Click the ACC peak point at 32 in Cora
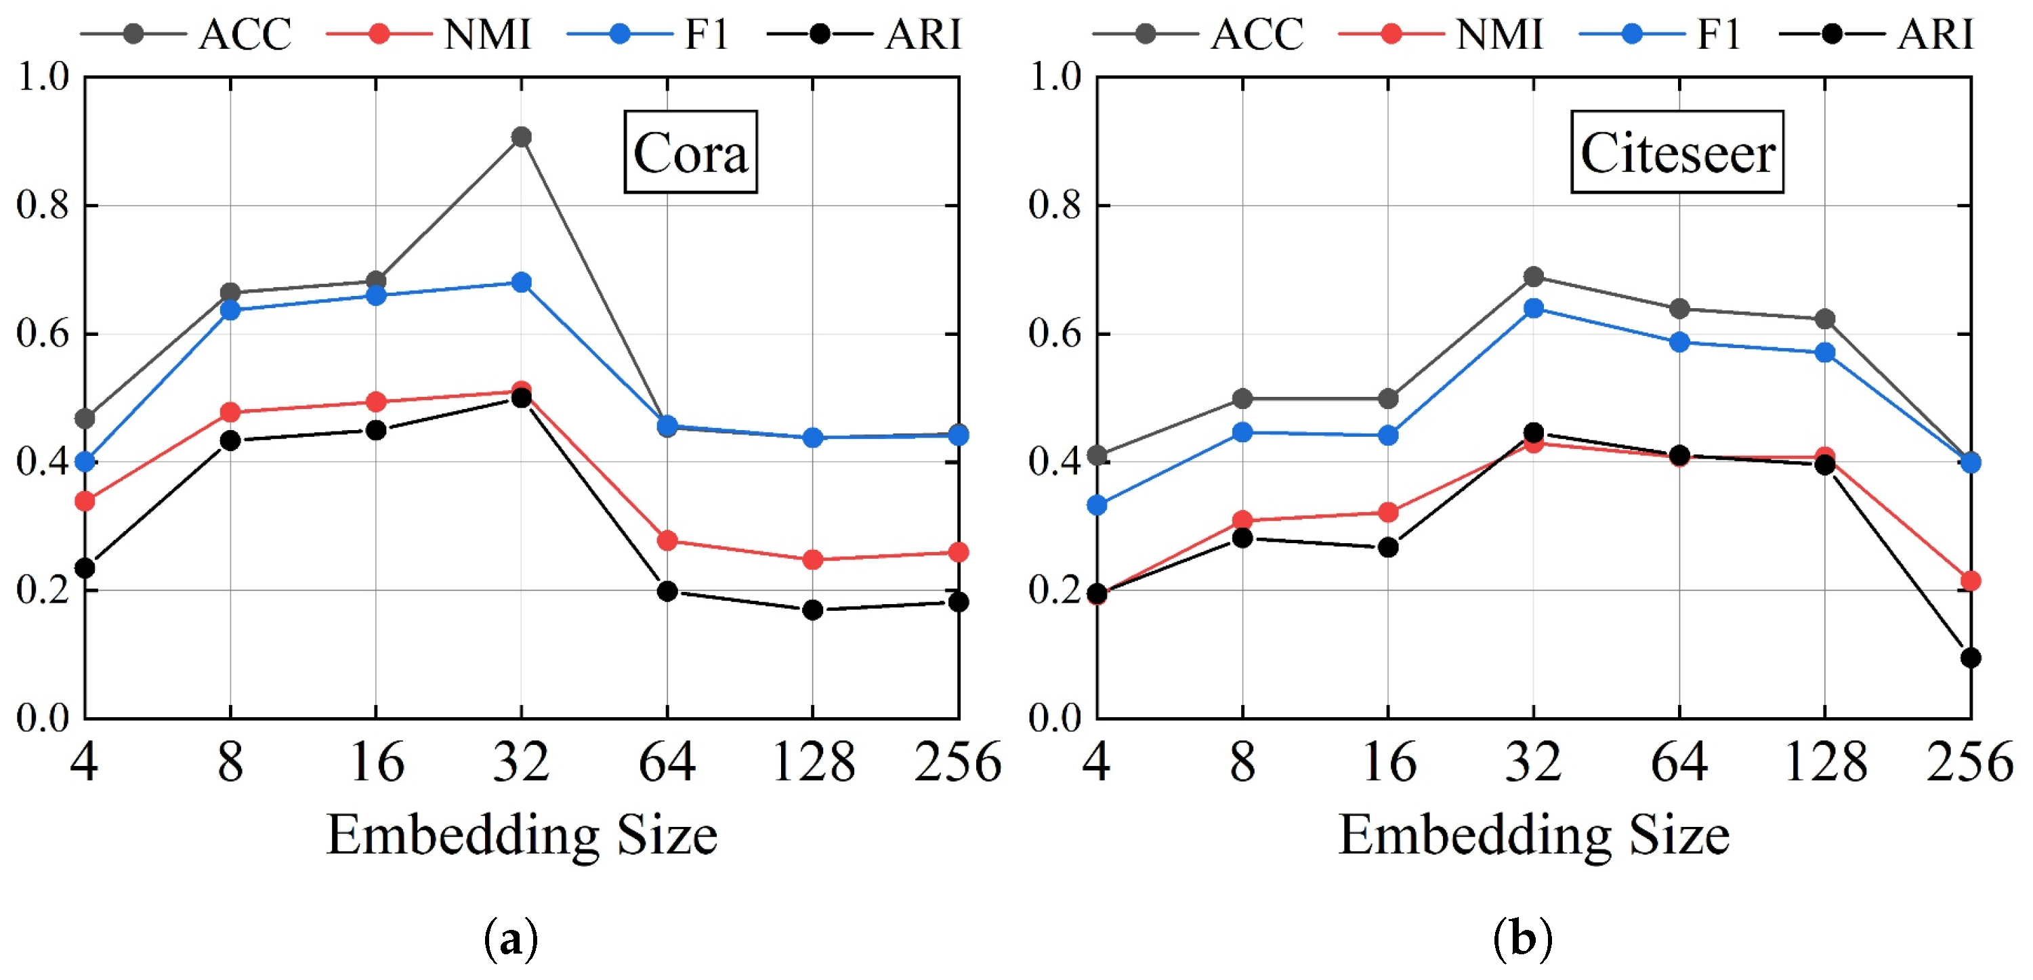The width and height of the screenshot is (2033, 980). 521,137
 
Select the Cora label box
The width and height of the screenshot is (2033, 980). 690,152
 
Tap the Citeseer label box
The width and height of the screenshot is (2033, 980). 1677,152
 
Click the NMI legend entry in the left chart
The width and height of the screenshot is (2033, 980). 430,34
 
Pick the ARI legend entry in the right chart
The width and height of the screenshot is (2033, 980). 1879,34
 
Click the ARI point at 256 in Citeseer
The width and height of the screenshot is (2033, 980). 1970,657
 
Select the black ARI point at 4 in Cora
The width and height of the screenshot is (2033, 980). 85,568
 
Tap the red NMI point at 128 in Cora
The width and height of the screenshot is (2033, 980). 813,560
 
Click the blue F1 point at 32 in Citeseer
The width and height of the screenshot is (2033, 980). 1534,309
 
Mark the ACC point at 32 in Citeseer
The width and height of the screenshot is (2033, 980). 1534,277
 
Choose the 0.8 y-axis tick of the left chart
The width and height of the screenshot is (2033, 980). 43,205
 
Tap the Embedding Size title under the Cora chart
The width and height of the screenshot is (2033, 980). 522,835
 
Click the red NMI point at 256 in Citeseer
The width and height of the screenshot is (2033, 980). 1970,580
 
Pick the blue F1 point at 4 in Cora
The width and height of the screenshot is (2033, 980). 85,462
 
